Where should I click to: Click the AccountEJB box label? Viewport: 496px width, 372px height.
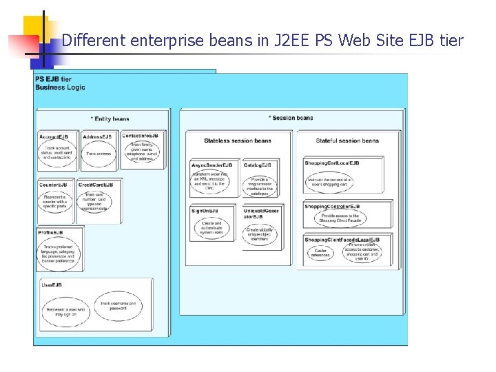tap(54, 136)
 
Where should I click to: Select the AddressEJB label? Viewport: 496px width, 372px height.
tap(97, 136)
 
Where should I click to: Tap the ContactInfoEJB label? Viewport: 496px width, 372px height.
tap(141, 136)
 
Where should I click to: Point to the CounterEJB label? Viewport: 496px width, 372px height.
tap(54, 185)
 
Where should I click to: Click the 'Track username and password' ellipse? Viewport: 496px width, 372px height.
tap(118, 305)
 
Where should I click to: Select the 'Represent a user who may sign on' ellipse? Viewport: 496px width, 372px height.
tap(65, 312)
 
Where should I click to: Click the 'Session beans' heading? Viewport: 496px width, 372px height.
tap(291, 118)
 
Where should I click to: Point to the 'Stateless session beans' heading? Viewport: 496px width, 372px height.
tap(238, 141)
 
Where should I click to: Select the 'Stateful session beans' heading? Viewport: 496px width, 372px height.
tap(347, 141)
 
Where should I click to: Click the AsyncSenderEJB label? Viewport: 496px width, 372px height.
tap(211, 165)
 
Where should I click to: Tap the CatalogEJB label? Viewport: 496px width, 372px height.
tap(257, 165)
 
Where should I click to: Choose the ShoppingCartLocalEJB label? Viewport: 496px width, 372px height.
tap(331, 163)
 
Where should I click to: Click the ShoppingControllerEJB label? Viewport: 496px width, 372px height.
tap(332, 206)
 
